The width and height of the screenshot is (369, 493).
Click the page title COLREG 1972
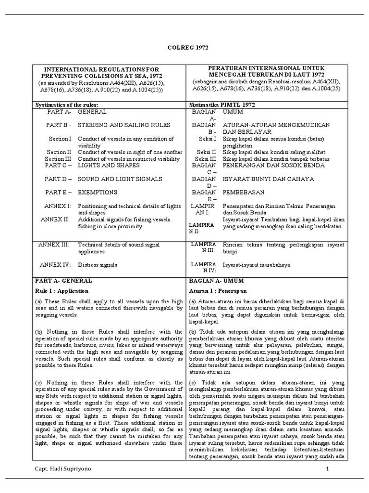[184, 48]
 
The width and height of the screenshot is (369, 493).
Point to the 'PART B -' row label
[59, 125]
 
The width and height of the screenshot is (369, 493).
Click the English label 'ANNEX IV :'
[56, 264]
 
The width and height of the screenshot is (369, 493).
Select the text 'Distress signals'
[98, 264]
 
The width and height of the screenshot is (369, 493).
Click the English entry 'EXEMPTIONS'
[98, 192]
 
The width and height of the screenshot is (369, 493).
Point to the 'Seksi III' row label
[207, 158]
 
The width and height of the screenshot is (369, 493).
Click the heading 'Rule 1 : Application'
[62, 291]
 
